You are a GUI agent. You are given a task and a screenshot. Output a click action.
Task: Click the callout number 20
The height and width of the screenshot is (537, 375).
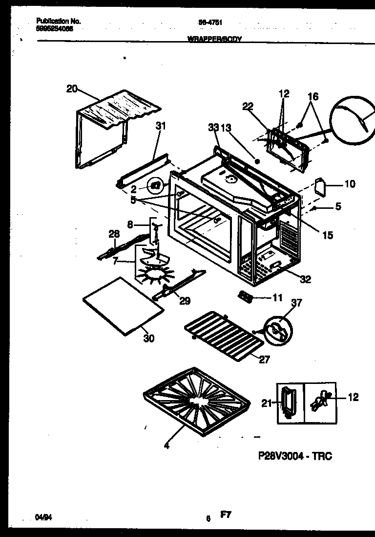[x=72, y=89]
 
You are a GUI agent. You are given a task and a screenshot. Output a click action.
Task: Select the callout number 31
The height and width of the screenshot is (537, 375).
[x=161, y=126]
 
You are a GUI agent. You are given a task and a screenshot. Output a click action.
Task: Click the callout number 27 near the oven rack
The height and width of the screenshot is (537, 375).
[x=264, y=360]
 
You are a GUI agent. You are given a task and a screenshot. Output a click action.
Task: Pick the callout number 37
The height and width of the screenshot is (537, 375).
[x=296, y=303]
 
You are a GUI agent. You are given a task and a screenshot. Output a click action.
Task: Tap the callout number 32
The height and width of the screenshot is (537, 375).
[x=305, y=280]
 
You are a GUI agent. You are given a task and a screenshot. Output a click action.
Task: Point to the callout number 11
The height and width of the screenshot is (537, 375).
[x=277, y=297]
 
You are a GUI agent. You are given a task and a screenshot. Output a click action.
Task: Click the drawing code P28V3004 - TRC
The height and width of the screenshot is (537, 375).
[x=294, y=456]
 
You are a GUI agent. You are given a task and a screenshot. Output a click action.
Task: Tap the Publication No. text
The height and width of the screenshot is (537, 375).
[x=59, y=22]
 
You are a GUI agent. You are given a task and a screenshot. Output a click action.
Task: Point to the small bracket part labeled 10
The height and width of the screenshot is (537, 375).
[x=320, y=186]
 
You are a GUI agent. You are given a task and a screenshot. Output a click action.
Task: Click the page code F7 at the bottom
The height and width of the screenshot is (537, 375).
[x=225, y=515]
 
